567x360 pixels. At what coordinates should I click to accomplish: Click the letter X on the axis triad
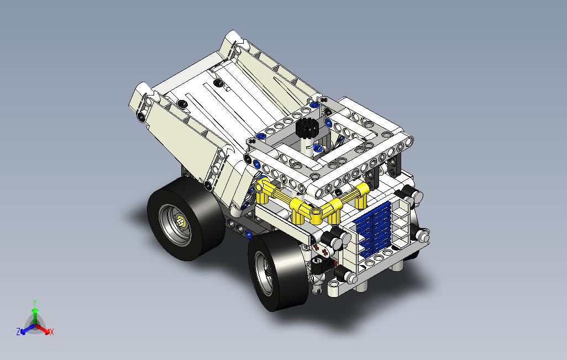[x=52, y=331]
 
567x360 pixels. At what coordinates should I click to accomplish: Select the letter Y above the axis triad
[x=35, y=302]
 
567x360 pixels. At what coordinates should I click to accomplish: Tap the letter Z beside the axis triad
[x=18, y=331]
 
